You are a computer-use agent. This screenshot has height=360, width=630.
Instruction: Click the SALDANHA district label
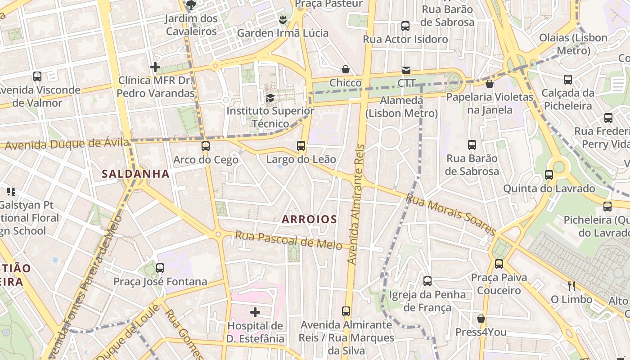[135, 174]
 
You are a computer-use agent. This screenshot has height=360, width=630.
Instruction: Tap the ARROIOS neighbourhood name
[309, 219]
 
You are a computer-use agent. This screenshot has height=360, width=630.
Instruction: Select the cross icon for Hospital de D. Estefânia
[255, 312]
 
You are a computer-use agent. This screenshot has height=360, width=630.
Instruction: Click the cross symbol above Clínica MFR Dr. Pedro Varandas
[155, 67]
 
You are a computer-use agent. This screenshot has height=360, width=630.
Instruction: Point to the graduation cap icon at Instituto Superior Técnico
[270, 98]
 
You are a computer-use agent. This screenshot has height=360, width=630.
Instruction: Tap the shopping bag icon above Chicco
[346, 69]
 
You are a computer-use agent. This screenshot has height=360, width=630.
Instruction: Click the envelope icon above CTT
[406, 70]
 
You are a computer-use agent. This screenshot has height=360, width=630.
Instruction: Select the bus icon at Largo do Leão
[301, 146]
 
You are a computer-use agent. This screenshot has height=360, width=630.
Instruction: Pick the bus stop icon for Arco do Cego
[206, 146]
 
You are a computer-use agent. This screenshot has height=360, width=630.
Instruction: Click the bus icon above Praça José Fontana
[160, 268]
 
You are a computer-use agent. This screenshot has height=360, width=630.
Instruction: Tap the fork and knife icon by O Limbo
[571, 286]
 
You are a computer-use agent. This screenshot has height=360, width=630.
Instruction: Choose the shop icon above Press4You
[481, 319]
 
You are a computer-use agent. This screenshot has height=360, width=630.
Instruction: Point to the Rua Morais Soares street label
[450, 214]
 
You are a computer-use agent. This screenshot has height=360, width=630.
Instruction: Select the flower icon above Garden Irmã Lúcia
[283, 20]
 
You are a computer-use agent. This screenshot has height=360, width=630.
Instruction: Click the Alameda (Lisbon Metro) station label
[401, 107]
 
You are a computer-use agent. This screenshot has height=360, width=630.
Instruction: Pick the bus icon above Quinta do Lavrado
[549, 175]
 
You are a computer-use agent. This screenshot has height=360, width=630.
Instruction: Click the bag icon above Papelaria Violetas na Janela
[490, 84]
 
